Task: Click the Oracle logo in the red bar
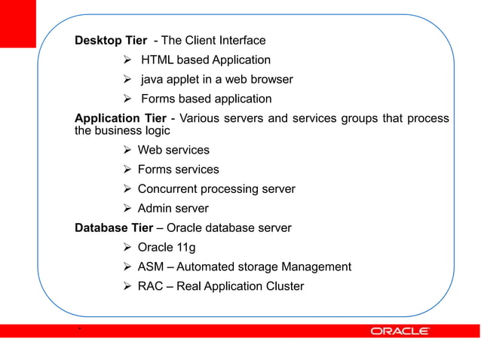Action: coord(400,331)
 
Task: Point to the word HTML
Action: coord(158,60)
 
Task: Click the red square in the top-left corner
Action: coord(17,23)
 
